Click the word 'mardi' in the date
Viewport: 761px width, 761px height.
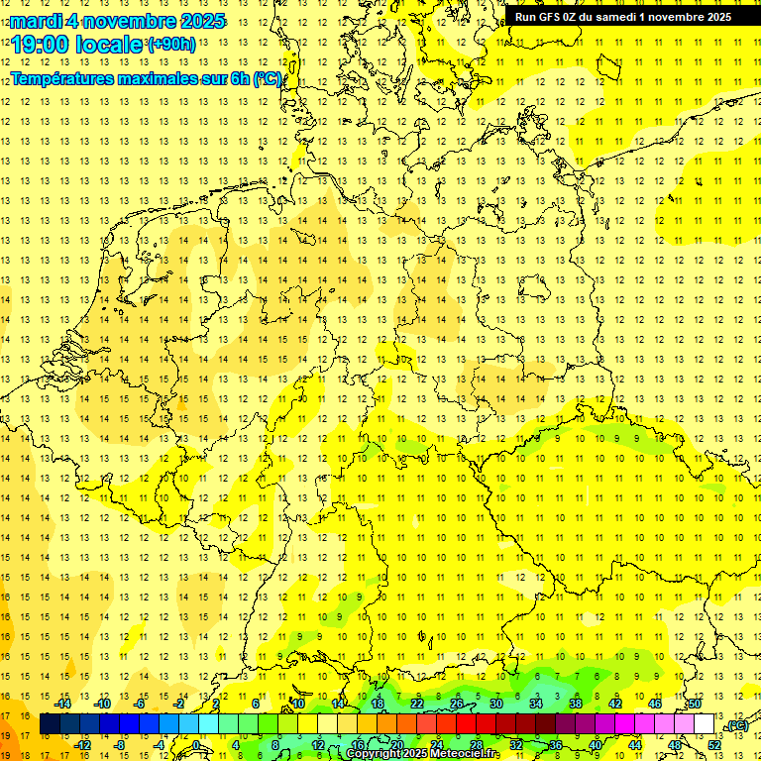(35, 21)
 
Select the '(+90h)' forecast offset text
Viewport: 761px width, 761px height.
(171, 44)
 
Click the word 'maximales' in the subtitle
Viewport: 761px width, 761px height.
(142, 79)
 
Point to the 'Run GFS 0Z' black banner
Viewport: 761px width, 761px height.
(623, 17)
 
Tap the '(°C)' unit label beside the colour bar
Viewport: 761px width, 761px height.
(737, 726)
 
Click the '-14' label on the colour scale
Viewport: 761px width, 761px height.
(63, 704)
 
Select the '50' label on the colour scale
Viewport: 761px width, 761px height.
(695, 704)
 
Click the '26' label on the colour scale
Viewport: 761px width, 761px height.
(457, 704)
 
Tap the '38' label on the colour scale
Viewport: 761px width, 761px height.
(576, 704)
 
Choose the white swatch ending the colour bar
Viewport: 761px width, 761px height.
(705, 724)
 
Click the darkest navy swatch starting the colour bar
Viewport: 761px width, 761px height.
(50, 724)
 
